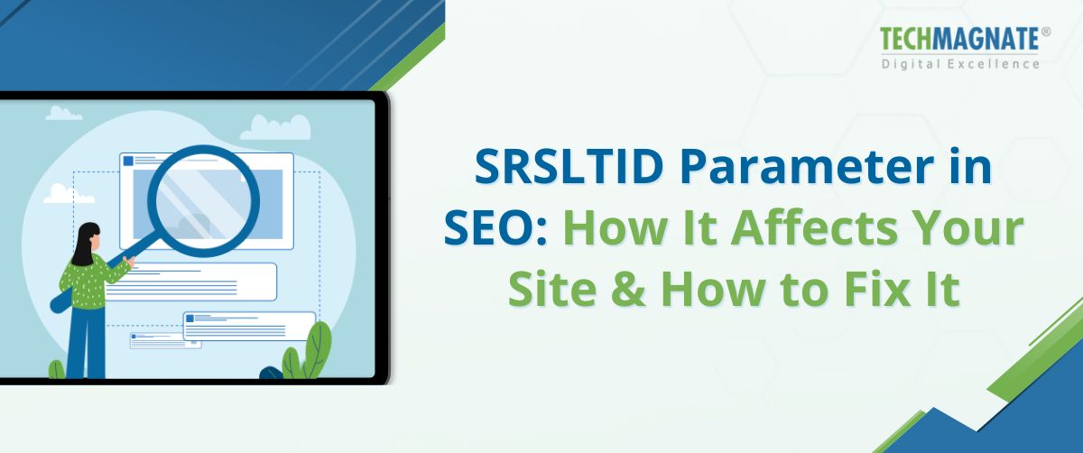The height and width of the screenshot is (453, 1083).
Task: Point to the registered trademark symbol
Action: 1045,32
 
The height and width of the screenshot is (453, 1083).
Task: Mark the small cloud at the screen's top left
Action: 64,113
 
